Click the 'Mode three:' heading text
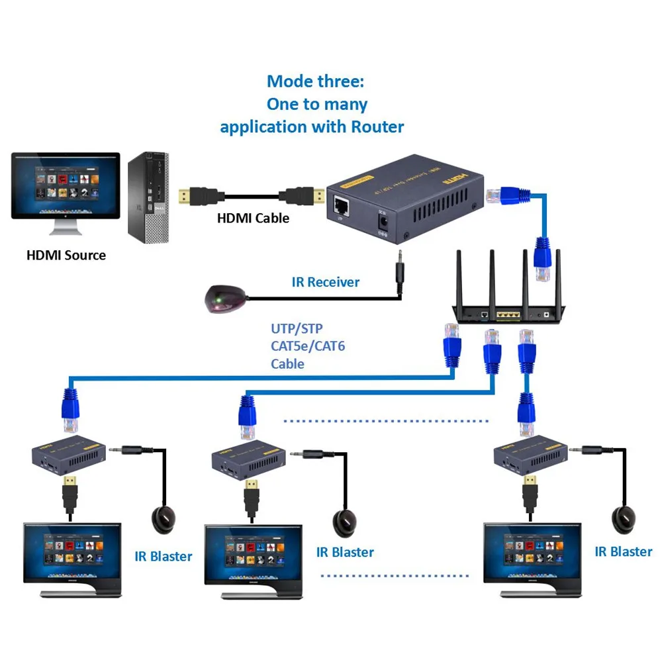(x=315, y=82)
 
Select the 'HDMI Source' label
(x=66, y=255)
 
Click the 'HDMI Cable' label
(x=253, y=217)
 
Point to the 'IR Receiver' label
(x=325, y=282)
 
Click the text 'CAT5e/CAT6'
(x=308, y=346)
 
